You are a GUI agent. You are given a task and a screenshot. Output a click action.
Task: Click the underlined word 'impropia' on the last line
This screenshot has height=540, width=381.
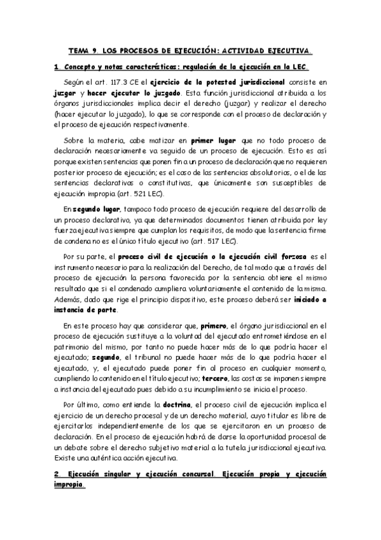pos(69,485)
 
